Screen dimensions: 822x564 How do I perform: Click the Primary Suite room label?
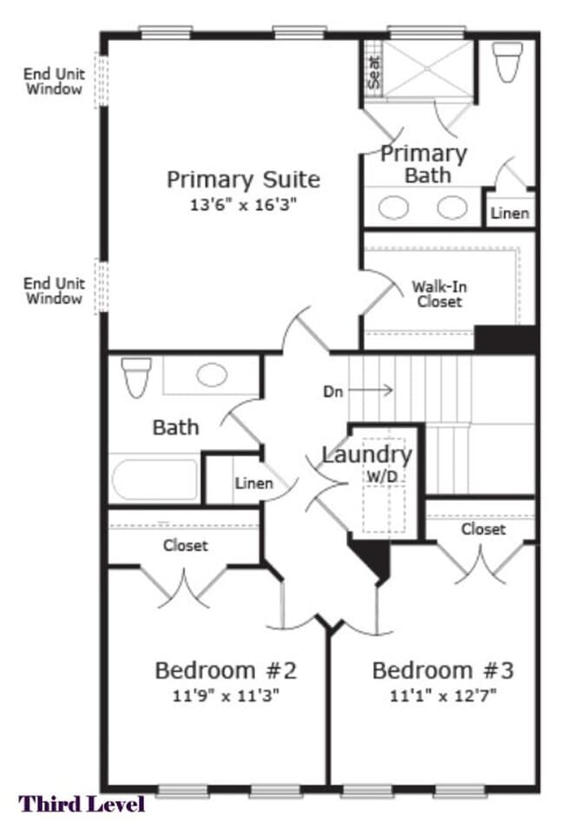[243, 180]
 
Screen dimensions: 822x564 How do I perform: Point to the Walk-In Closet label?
[437, 293]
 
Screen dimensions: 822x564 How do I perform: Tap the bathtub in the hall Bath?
[155, 479]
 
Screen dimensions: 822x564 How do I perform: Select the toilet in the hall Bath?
[136, 376]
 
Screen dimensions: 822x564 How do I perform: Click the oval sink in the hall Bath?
[212, 375]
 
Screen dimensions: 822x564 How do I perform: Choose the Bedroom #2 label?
[226, 670]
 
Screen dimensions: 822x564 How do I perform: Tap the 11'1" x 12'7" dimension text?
[443, 694]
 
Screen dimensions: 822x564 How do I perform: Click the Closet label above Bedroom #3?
[483, 529]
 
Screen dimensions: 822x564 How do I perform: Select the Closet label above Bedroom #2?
[186, 546]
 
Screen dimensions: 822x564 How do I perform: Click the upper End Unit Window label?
[54, 82]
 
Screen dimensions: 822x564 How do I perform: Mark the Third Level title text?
[82, 804]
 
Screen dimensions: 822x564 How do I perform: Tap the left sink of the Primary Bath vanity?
[394, 208]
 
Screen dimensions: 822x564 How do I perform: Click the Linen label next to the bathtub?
[254, 483]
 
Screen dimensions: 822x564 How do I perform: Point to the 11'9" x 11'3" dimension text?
[226, 694]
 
